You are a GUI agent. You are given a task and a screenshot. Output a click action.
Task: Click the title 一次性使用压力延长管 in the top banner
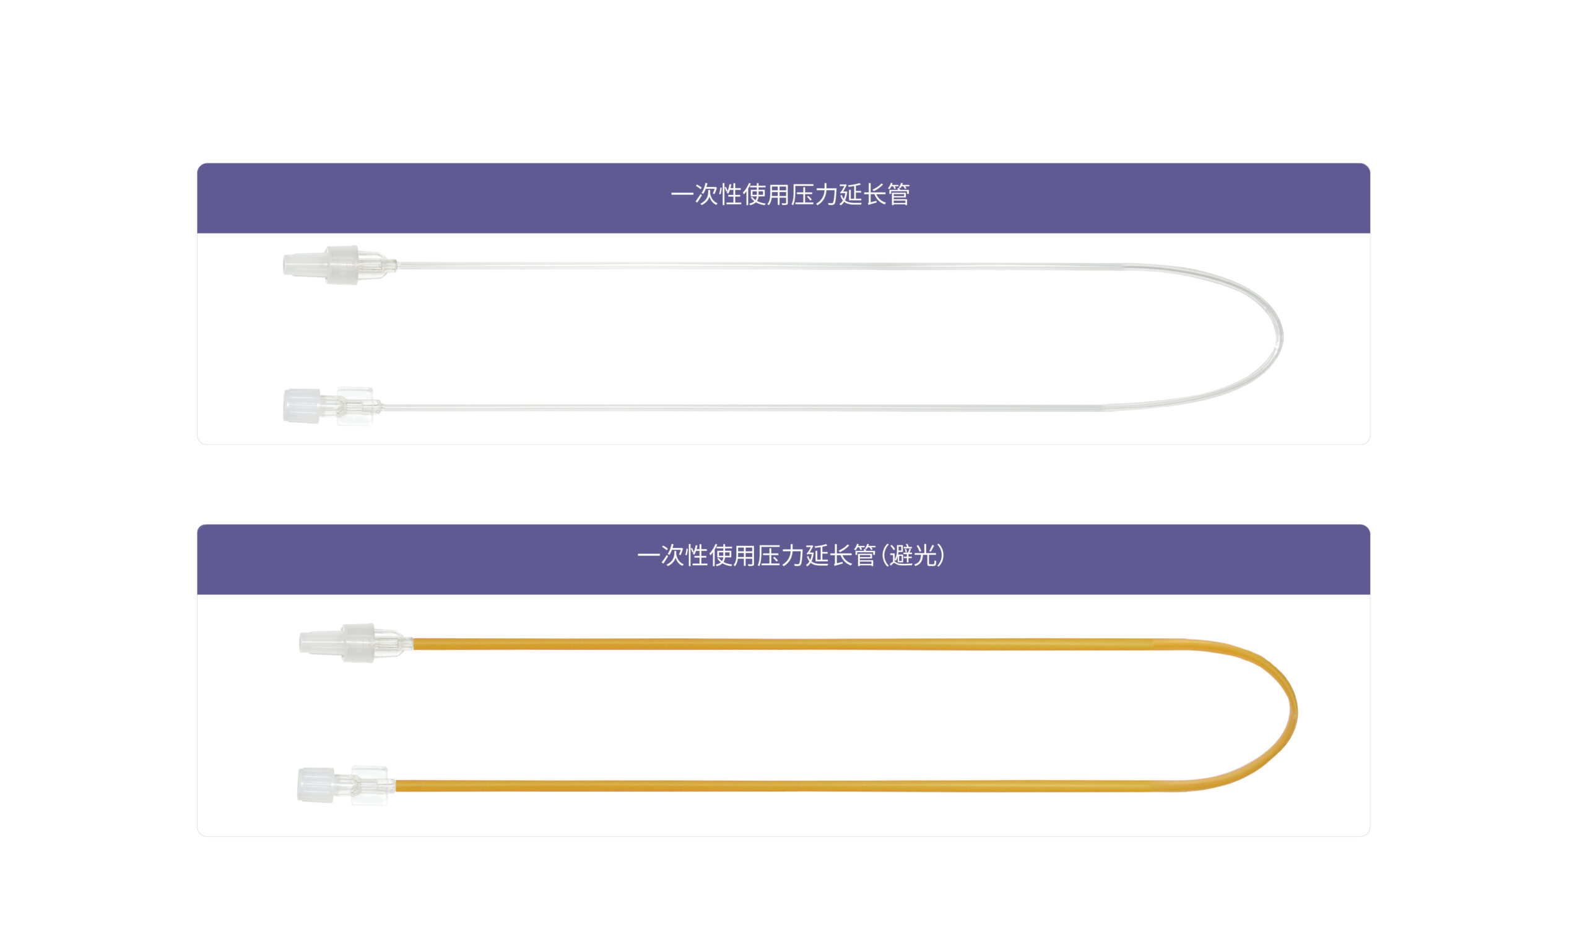point(789,194)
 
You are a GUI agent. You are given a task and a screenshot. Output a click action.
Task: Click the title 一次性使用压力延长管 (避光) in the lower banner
point(790,555)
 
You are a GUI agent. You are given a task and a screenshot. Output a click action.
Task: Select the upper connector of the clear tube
point(339,265)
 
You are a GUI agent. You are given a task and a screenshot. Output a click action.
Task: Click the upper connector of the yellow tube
point(355,643)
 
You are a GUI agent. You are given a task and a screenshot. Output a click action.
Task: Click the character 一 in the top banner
point(682,194)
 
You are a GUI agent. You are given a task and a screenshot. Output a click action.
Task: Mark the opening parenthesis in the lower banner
point(884,555)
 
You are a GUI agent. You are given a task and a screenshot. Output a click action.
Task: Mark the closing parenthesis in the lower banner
point(940,555)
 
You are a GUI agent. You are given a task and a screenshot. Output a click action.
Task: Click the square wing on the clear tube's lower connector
point(355,406)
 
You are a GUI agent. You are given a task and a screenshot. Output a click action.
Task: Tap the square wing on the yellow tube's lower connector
point(369,785)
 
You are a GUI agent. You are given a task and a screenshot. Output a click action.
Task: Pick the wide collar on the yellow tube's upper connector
point(358,643)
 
